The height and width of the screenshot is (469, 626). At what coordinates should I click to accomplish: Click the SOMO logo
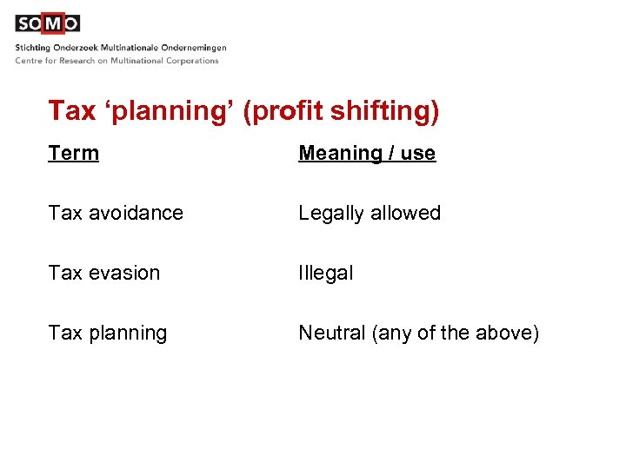[47, 23]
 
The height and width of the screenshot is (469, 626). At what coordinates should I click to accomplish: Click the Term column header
[74, 154]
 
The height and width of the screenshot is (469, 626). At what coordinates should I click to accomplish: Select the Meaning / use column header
[366, 154]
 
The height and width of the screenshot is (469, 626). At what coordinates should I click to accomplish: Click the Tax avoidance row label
[116, 213]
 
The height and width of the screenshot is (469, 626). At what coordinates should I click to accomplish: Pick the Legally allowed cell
[370, 213]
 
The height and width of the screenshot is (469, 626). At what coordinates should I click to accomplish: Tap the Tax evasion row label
[104, 273]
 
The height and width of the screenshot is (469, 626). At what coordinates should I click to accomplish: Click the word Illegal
[325, 273]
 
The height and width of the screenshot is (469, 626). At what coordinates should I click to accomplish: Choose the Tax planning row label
[108, 333]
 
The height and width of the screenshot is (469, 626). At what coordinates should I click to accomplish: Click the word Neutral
[332, 333]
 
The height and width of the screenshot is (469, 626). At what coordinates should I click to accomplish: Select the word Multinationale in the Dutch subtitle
[128, 48]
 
